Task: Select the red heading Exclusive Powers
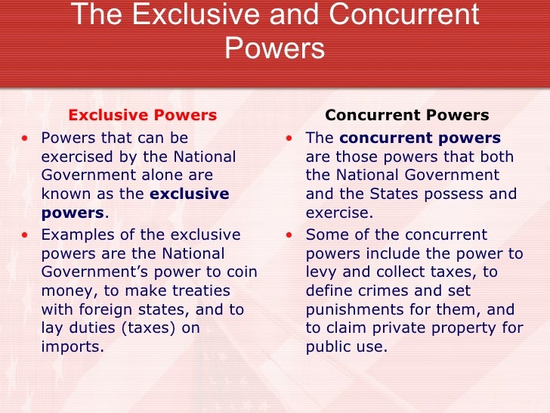[x=143, y=116]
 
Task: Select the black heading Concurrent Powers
[x=406, y=116]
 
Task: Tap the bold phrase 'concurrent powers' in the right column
[x=420, y=138]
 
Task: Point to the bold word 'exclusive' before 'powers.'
[x=190, y=194]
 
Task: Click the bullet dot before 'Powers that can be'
[x=27, y=138]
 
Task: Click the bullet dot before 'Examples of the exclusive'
[x=27, y=234]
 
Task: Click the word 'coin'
[x=243, y=272]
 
